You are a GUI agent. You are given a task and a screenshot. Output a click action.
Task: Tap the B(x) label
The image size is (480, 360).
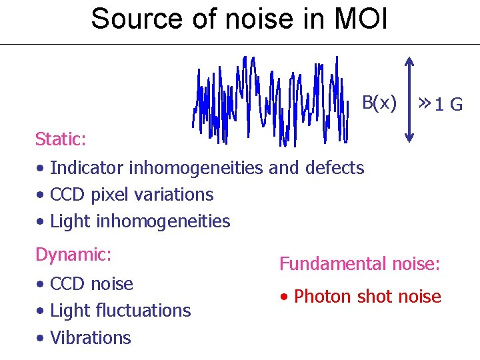[379, 103]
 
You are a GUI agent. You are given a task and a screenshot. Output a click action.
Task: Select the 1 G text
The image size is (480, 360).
[448, 105]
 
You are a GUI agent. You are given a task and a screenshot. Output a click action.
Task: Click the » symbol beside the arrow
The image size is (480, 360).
[423, 103]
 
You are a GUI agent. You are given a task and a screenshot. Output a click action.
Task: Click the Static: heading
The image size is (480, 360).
[60, 139]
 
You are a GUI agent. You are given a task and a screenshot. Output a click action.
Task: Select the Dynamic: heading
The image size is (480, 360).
[73, 255]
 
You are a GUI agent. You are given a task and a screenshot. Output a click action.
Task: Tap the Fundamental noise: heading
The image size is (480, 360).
[359, 265]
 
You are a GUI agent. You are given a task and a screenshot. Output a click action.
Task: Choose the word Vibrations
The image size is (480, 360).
[91, 337]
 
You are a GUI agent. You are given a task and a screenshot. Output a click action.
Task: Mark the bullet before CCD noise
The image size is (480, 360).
[41, 285]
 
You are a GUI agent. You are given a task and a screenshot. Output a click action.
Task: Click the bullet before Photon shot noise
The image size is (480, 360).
[285, 297]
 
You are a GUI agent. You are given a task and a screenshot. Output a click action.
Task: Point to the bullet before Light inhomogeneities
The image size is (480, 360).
[41, 222]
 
